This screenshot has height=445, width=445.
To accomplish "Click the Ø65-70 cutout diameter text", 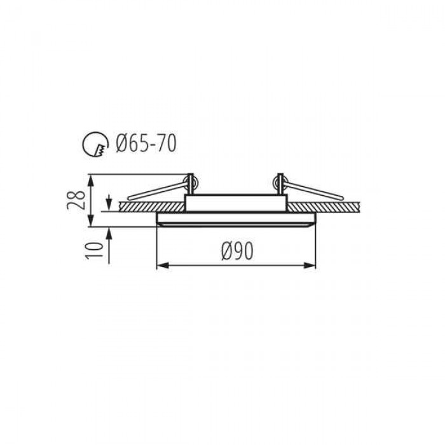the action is (146, 144).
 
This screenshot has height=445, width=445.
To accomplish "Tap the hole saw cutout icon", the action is (95, 144).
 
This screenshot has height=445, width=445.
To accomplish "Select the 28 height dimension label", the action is (76, 200).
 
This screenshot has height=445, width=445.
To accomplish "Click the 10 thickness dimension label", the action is (95, 250).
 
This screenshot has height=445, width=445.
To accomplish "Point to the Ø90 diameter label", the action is (237, 252).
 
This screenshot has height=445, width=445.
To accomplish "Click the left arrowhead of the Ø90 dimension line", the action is (162, 266).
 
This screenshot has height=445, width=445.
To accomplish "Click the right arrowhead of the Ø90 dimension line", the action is (310, 266).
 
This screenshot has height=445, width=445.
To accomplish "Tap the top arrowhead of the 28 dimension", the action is (90, 181).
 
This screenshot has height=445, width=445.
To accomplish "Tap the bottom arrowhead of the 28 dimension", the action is (90, 220).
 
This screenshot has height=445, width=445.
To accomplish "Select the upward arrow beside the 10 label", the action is (109, 245).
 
